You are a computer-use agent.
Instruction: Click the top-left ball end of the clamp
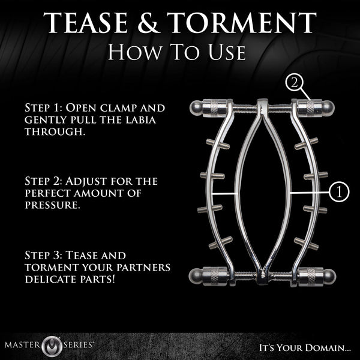(x=196, y=109)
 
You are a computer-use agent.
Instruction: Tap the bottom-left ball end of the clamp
(x=196, y=277)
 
